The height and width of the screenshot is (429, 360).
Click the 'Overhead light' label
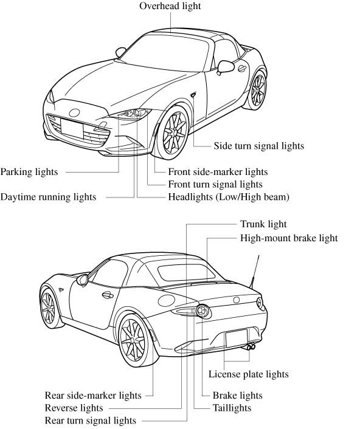pos(170,6)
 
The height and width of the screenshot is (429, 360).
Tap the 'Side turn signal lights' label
pos(258,146)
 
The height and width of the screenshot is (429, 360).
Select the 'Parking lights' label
pos(29,172)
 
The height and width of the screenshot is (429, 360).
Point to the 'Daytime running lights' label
pos(48,197)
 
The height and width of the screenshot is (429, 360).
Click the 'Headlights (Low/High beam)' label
pos(229,197)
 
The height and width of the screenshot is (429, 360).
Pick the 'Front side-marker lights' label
pos(218,172)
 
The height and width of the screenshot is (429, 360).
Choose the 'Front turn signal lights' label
pos(215,184)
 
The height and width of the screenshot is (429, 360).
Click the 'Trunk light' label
pos(263,224)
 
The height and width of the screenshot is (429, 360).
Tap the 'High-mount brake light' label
pos(289,238)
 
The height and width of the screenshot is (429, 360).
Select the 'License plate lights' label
pos(248,374)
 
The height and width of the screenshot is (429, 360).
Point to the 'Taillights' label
pos(232,408)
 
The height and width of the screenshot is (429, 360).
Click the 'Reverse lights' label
pos(74,408)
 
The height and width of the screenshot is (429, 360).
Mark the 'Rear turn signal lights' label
pos(91,420)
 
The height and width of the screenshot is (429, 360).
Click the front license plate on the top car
pos(72,128)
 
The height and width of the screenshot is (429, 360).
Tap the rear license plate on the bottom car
pos(237,338)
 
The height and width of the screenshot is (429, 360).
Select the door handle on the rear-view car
pos(108,295)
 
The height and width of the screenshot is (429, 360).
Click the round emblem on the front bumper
pos(74,112)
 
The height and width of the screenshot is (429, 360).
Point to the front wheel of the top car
pos(173,132)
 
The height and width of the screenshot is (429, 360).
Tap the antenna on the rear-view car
pos(254,272)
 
